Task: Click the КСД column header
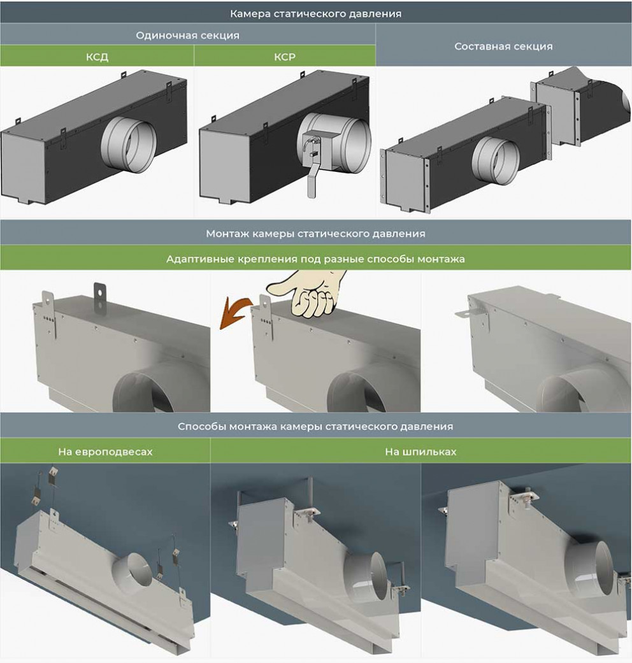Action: pyautogui.click(x=97, y=57)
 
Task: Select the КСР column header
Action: pyautogui.click(x=285, y=57)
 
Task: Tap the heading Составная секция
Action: pyautogui.click(x=503, y=46)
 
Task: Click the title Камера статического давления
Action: pyautogui.click(x=315, y=13)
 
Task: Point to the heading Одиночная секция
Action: pyautogui.click(x=187, y=35)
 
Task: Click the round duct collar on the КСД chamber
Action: pyautogui.click(x=127, y=145)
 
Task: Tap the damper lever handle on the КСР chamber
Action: pyautogui.click(x=313, y=178)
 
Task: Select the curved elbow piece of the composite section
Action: pyautogui.click(x=584, y=106)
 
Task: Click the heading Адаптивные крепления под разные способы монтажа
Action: pyautogui.click(x=315, y=259)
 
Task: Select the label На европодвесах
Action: pyautogui.click(x=105, y=452)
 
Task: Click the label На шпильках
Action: pyautogui.click(x=421, y=452)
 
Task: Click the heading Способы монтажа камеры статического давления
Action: pyautogui.click(x=315, y=426)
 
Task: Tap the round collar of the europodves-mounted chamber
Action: pyautogui.click(x=134, y=570)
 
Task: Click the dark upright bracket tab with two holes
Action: pyautogui.click(x=99, y=296)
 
